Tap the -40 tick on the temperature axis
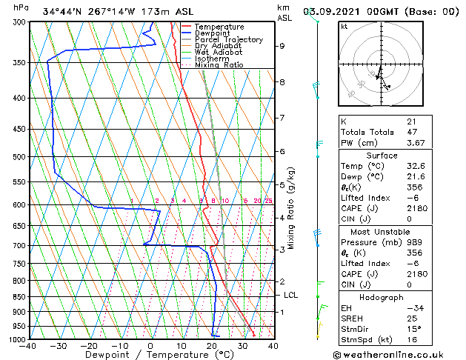pos(29,346)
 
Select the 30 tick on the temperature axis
pos(242,346)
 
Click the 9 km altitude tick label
pos(282,46)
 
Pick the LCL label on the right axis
pos(291,295)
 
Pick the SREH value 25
pos(411,318)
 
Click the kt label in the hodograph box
pos(344,26)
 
